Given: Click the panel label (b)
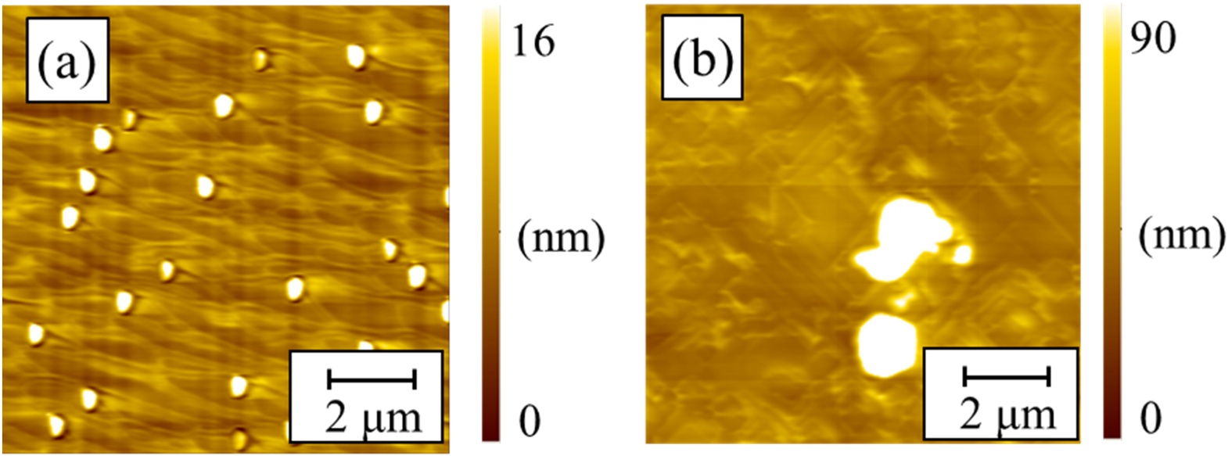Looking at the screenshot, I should [x=702, y=59].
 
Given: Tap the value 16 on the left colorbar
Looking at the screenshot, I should [x=533, y=41].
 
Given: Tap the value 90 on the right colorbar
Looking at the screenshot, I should [x=1153, y=37].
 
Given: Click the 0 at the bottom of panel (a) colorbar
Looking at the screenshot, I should [x=530, y=420].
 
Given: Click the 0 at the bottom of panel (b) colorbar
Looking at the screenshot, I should [x=1150, y=418].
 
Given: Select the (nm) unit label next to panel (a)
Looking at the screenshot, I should [x=561, y=237].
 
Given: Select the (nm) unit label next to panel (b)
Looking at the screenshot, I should [x=1181, y=235].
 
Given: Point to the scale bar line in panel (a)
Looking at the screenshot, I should [x=371, y=380].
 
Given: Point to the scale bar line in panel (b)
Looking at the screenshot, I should [x=1006, y=377].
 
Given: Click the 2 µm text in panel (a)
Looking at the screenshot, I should [x=373, y=418].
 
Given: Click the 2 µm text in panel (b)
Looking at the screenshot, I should [x=1007, y=415].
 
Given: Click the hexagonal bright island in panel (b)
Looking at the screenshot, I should [x=887, y=344].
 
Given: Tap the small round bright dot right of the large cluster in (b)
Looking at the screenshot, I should [x=963, y=253].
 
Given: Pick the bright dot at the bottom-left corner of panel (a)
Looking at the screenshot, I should [x=56, y=425].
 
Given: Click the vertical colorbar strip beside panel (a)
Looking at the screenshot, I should [x=490, y=227].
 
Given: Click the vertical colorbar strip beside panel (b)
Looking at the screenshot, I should [x=1111, y=227].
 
